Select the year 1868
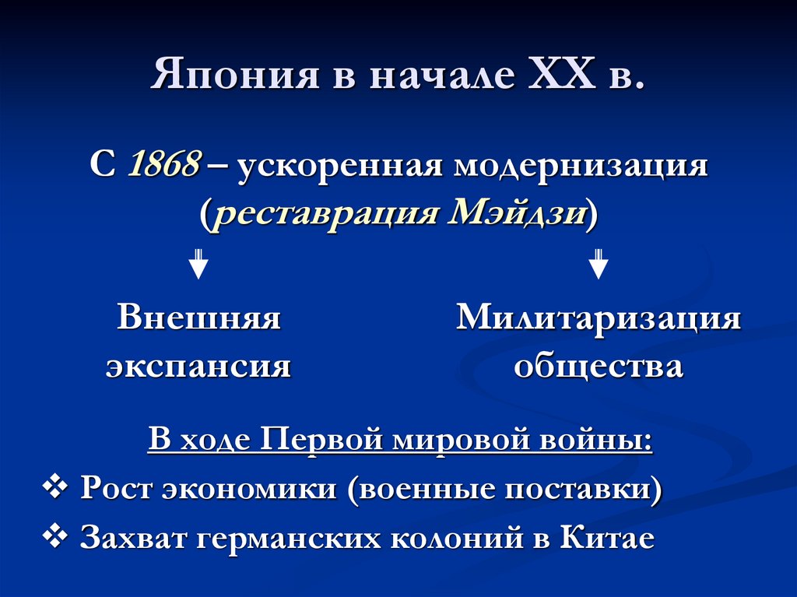pyautogui.click(x=165, y=167)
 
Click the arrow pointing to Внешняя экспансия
pyautogui.click(x=199, y=263)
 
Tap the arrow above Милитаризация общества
pyautogui.click(x=598, y=263)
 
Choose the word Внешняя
pyautogui.click(x=198, y=318)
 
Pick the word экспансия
pyautogui.click(x=198, y=365)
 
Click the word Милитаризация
pyautogui.click(x=598, y=318)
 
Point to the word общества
pyautogui.click(x=598, y=365)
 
